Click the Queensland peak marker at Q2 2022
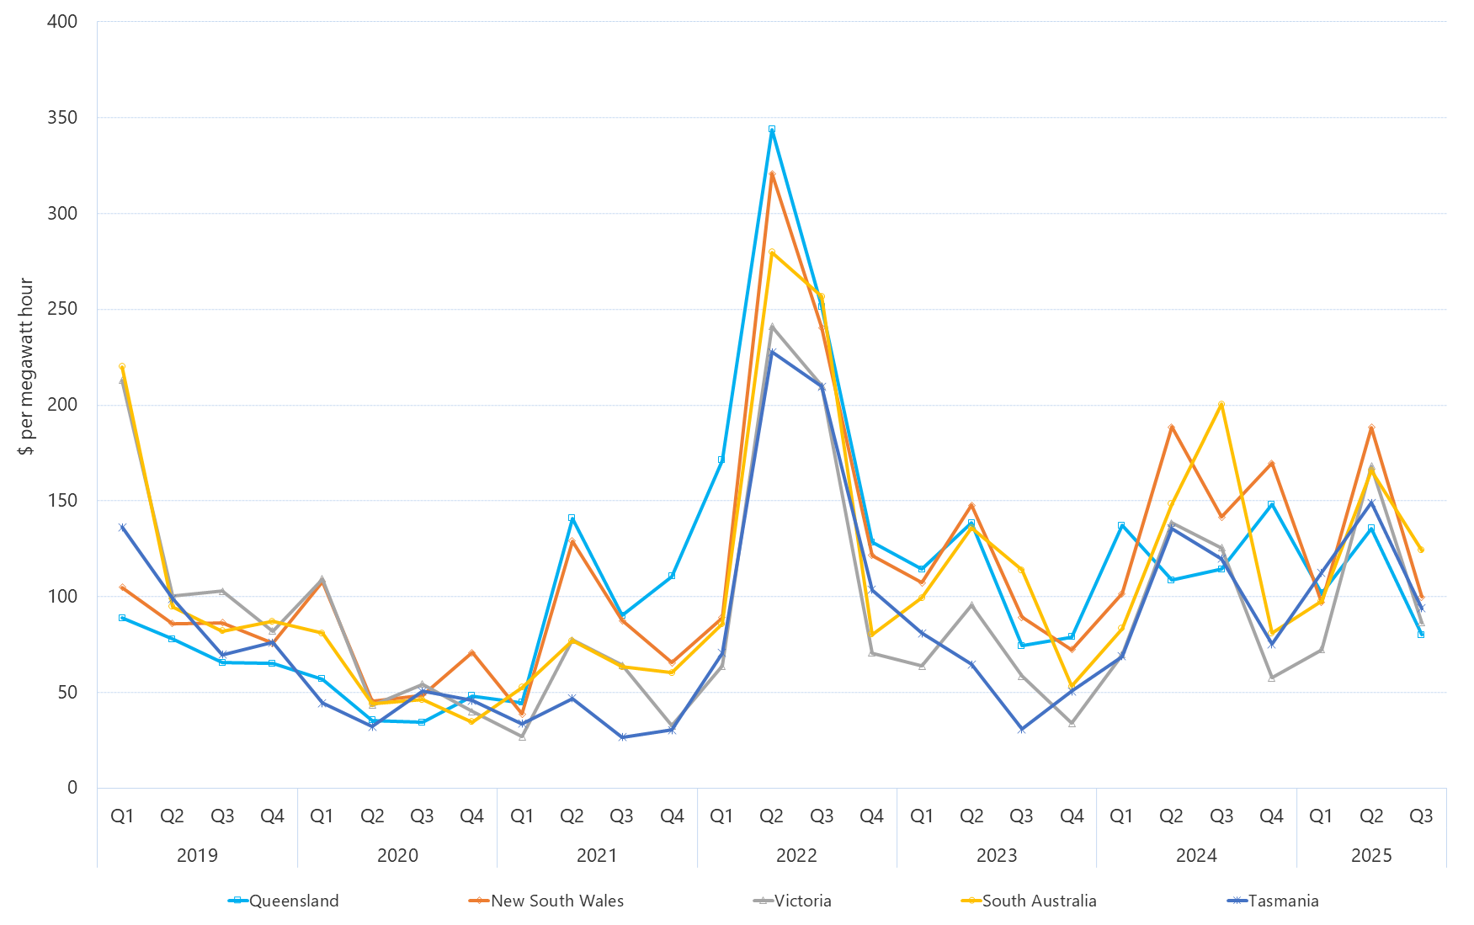[772, 130]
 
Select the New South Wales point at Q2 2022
[772, 174]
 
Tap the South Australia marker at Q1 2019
[122, 366]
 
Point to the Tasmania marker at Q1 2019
[122, 528]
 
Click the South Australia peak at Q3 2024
[1221, 404]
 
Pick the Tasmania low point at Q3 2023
[1021, 730]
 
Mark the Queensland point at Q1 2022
[721, 460]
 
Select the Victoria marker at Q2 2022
[772, 327]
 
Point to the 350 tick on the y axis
[62, 118]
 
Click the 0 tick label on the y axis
[72, 788]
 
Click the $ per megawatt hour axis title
[26, 366]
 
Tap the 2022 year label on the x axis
[796, 855]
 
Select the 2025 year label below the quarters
[1371, 855]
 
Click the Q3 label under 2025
[1421, 816]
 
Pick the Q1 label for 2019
[122, 816]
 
